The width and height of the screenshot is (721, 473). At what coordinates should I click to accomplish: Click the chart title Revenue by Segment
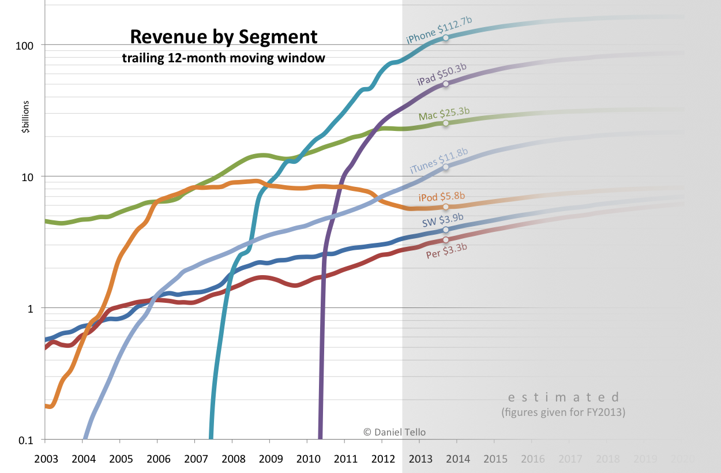[x=223, y=37]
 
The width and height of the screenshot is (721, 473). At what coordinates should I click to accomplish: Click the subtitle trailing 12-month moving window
[x=223, y=58]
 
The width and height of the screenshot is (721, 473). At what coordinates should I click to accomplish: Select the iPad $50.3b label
[x=441, y=74]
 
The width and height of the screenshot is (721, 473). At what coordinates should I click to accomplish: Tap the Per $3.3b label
[x=446, y=250]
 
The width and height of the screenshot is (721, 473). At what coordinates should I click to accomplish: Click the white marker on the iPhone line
[x=445, y=38]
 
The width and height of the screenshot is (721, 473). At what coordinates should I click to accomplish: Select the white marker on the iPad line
[x=445, y=84]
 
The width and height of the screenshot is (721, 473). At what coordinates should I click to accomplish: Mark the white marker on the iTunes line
[x=445, y=167]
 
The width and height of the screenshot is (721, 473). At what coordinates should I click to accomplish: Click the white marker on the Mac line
[x=445, y=123]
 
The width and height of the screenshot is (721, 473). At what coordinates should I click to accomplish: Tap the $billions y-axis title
[x=25, y=117]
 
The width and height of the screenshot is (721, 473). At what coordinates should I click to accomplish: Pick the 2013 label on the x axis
[x=420, y=459]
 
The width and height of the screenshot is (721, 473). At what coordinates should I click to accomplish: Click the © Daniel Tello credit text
[x=395, y=431]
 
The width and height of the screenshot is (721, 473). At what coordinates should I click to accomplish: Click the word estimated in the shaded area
[x=563, y=397]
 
